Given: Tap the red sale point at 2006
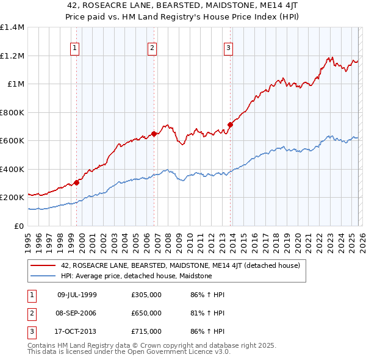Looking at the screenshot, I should point(154,134).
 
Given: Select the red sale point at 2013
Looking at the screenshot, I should point(231,124).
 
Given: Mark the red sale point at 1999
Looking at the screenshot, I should point(77,182).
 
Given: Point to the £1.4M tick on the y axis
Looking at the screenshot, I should point(12,27).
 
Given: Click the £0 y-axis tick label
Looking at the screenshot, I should point(20,226).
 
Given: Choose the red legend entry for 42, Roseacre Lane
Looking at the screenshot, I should point(180,265).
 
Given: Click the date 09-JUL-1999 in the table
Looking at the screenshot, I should point(77,295).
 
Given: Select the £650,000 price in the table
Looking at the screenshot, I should point(146,313).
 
